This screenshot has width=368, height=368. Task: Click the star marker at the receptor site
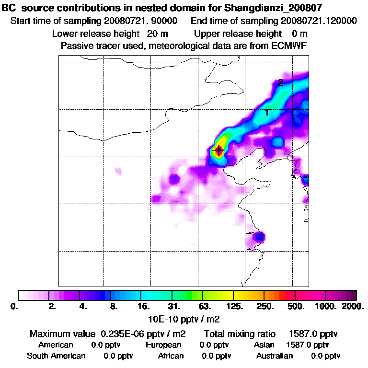219,151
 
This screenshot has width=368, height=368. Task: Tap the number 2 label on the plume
281,82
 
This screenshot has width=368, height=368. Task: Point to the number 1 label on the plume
267,112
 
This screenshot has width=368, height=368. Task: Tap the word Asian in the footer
264,345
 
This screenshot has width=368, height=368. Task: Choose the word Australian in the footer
275,356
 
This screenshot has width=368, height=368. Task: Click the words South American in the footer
56,356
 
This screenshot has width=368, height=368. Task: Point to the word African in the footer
171,356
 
